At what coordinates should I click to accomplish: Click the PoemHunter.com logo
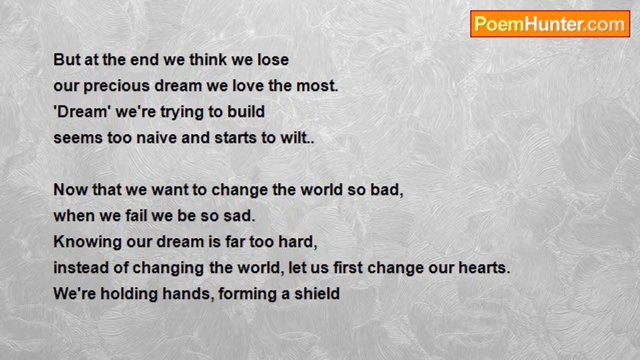tap(550, 24)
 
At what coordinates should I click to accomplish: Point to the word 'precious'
tap(116, 86)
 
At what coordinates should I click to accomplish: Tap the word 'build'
tap(246, 111)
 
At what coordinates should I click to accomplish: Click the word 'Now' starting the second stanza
tap(70, 189)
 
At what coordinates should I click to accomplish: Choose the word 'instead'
tap(81, 267)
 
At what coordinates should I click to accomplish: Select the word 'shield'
tap(317, 293)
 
